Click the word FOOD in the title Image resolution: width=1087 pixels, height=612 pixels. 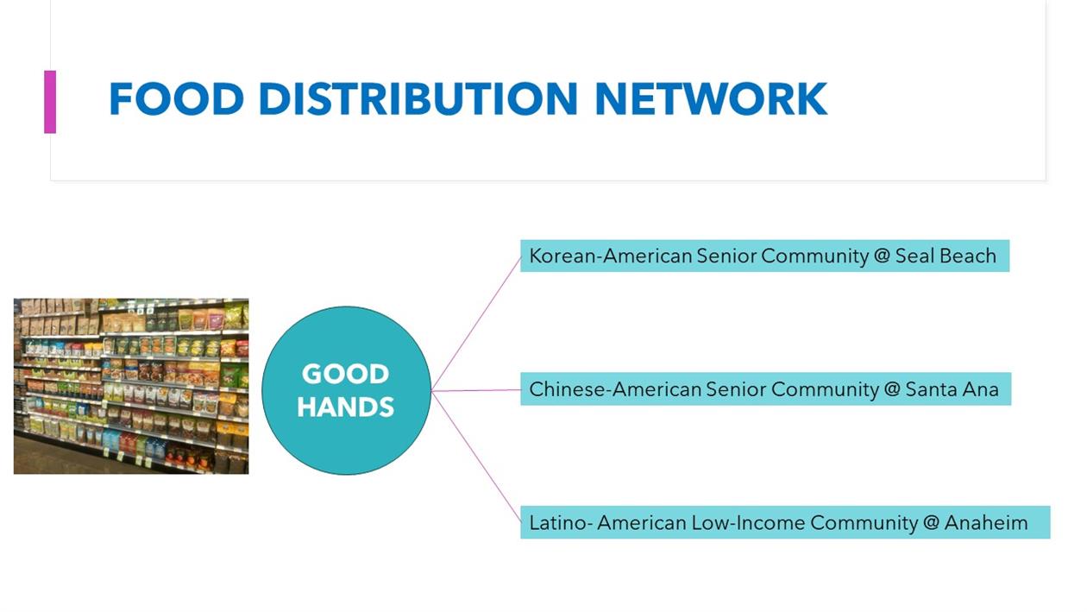176,98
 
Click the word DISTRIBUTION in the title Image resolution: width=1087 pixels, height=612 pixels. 418,98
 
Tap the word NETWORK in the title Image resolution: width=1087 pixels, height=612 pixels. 711,98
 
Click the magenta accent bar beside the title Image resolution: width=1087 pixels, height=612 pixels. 50,102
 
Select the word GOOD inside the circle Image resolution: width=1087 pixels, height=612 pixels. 345,374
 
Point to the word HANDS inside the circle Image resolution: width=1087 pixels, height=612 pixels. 345,407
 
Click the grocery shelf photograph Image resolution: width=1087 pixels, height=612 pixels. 131,386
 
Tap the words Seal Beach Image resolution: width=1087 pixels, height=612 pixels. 946,256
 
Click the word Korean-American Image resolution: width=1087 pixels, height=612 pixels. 611,256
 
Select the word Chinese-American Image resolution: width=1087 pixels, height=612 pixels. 615,389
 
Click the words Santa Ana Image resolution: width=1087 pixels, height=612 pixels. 952,389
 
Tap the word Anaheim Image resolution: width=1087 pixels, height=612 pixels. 986,523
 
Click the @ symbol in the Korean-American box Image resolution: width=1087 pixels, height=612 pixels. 882,256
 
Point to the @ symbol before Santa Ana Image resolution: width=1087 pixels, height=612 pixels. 892,390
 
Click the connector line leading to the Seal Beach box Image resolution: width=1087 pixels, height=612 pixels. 476,323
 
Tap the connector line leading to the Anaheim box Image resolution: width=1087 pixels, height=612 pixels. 476,457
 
